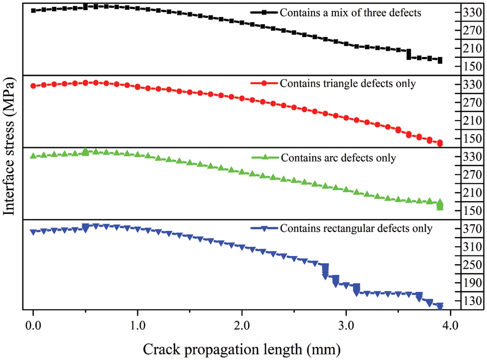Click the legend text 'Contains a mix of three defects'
tap(351, 12)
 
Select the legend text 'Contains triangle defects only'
tap(348, 83)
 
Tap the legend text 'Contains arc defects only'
tap(338, 158)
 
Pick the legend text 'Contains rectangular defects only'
tap(356, 228)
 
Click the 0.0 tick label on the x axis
tap(33, 326)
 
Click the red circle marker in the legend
tap(264, 83)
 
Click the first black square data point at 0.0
tap(33, 10)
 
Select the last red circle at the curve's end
tap(440, 143)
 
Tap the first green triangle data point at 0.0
tap(33, 155)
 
